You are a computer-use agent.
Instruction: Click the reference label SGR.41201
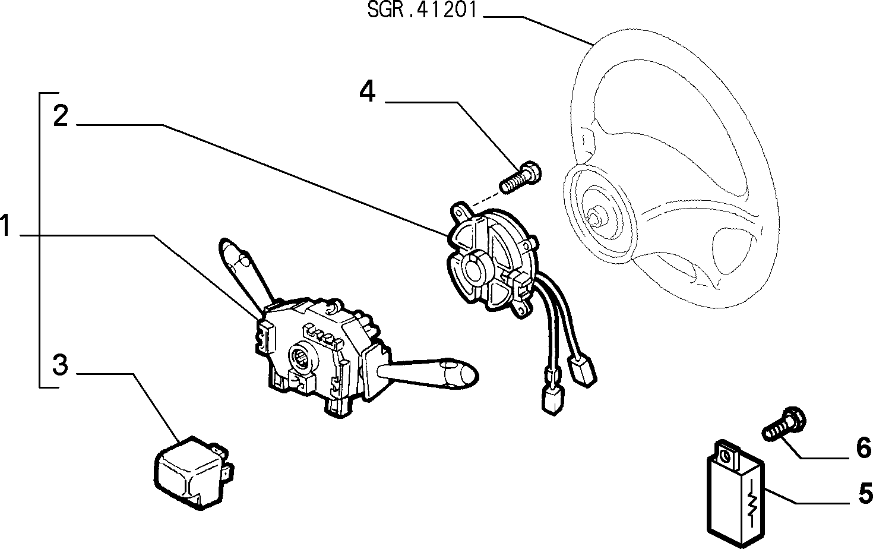coord(422,10)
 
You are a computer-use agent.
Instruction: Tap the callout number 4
coord(367,91)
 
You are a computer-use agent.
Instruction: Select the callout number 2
coord(61,115)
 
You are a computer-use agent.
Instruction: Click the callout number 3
coord(61,365)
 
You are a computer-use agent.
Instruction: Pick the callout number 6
coord(863,447)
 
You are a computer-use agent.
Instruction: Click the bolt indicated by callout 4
coord(520,178)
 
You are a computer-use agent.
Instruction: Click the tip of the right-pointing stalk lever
coord(476,375)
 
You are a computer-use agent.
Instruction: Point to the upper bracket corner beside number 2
coord(40,93)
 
